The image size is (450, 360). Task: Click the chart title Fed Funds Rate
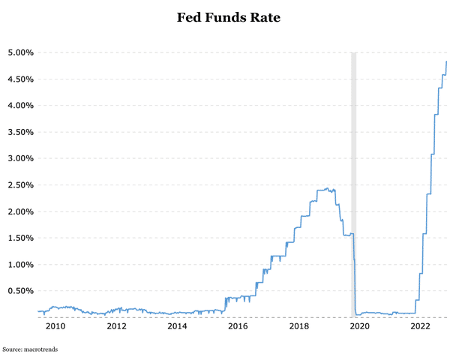click(x=228, y=17)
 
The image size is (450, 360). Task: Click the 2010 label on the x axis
click(x=55, y=326)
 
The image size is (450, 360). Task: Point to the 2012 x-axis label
click(x=116, y=326)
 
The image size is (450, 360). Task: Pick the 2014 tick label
click(x=177, y=326)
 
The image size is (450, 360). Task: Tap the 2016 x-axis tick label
click(x=238, y=326)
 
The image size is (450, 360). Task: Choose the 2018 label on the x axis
click(x=298, y=326)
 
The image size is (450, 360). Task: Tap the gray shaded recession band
click(x=354, y=150)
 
